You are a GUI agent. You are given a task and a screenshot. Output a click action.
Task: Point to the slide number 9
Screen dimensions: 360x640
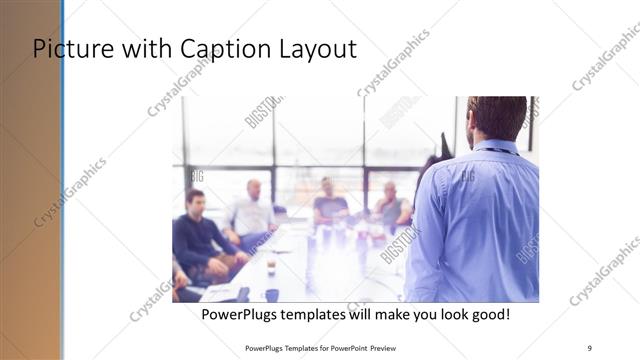(x=589, y=347)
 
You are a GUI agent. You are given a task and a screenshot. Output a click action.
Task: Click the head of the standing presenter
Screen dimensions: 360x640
(x=497, y=118)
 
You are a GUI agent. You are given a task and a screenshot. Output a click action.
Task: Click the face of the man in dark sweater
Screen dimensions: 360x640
(x=194, y=199)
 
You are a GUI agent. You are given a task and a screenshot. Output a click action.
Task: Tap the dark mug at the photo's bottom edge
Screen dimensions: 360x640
(x=272, y=295)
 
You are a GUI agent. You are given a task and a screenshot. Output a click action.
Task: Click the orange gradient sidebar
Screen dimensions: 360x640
(x=30, y=200)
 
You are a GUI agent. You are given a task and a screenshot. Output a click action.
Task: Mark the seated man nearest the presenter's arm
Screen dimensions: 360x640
(x=391, y=207)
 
